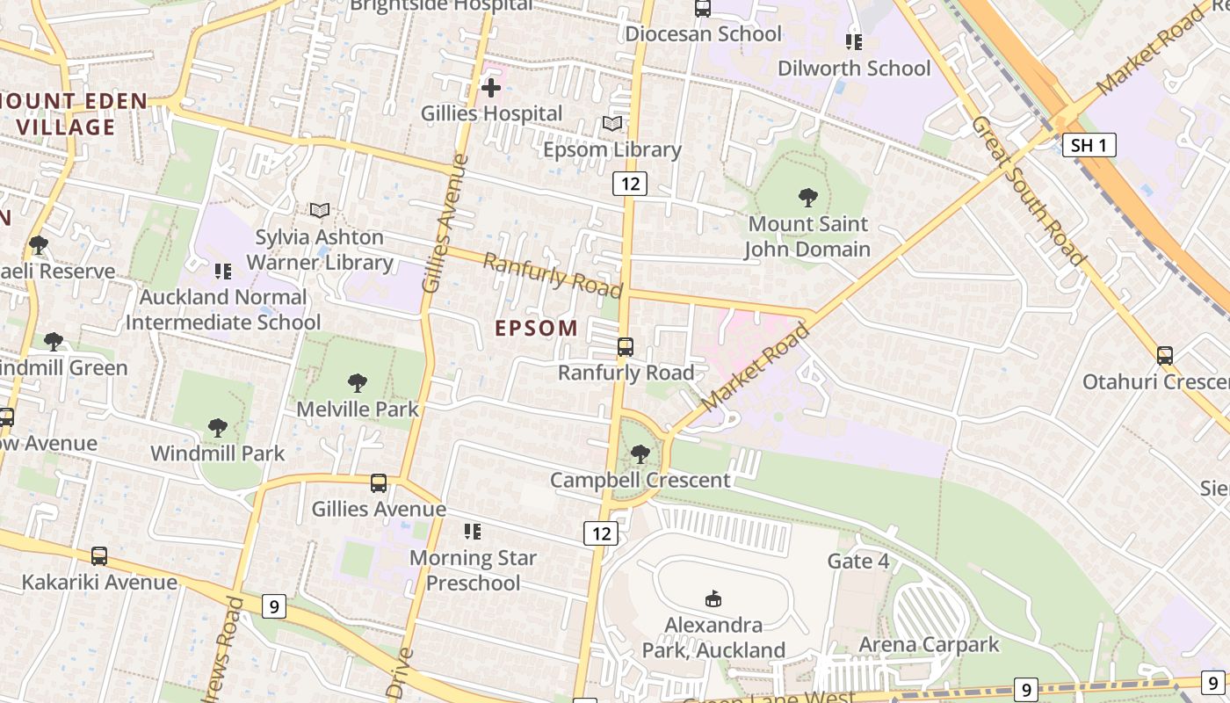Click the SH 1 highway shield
click(1089, 145)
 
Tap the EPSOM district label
click(537, 329)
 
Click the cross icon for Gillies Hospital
click(491, 87)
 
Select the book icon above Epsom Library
click(612, 124)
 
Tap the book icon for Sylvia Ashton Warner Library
click(320, 211)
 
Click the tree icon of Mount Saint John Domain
click(807, 198)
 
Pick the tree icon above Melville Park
click(357, 382)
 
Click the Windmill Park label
click(218, 453)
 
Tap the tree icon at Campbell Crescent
click(640, 454)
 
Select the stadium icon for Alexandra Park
click(713, 599)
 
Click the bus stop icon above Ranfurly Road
click(626, 347)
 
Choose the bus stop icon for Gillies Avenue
click(379, 482)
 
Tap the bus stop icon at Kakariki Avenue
click(99, 556)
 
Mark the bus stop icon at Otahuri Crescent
click(1165, 356)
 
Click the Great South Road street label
click(1027, 190)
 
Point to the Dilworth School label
click(854, 69)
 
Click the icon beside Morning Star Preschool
click(473, 531)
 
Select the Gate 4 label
click(858, 561)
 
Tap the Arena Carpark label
click(929, 644)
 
